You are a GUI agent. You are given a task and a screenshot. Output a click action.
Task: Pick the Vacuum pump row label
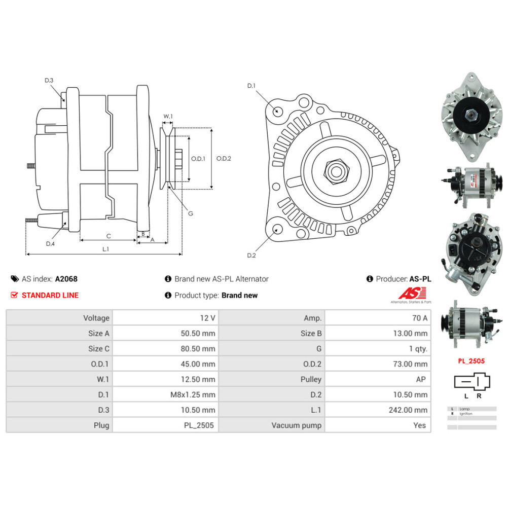coord(296,425)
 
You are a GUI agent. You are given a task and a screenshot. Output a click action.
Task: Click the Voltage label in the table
coord(96,318)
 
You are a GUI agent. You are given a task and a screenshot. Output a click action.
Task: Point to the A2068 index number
coord(66,279)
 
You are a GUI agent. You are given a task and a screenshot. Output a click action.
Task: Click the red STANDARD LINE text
coord(50,295)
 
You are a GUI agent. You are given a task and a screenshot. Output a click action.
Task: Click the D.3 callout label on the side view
coord(49,81)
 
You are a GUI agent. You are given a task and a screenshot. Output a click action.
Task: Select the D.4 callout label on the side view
coord(50,244)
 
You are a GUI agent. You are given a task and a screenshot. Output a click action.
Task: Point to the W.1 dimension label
coord(168,117)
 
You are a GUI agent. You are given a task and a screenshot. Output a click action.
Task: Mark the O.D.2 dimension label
coord(224,158)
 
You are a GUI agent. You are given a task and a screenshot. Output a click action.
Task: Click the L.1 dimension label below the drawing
coord(106,249)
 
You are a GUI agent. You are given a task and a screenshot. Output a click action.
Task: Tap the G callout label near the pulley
coord(191,213)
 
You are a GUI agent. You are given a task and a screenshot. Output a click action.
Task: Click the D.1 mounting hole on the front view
coord(277,111)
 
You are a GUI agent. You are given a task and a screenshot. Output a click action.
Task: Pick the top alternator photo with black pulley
coord(468,116)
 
